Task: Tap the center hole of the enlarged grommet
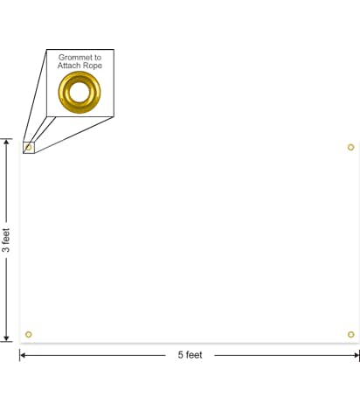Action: click(80, 92)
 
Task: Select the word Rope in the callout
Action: click(93, 66)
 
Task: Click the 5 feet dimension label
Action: click(190, 355)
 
